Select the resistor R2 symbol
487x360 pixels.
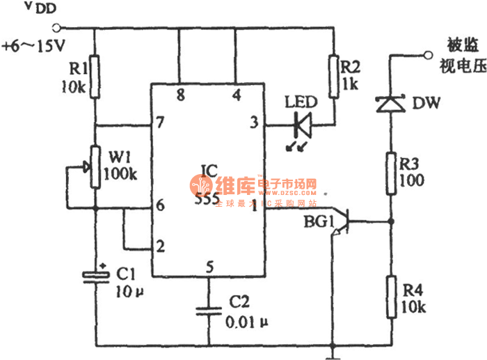click(333, 72)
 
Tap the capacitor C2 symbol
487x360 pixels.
click(207, 310)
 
